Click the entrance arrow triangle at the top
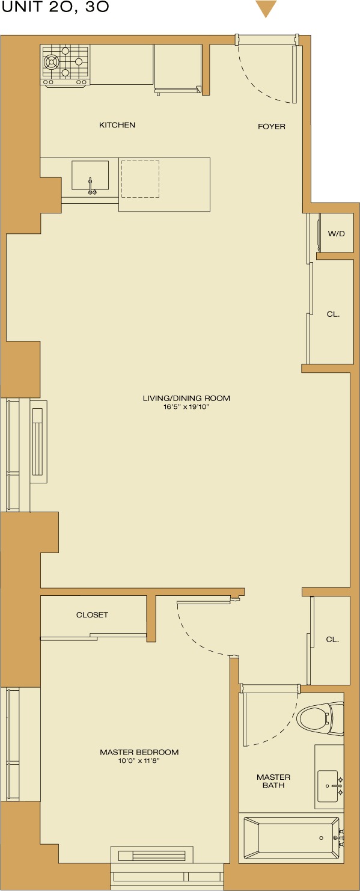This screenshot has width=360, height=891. [x=266, y=8]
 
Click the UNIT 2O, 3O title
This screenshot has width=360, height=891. [x=55, y=8]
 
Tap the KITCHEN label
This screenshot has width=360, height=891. [x=117, y=125]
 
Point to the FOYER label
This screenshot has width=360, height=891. [x=272, y=126]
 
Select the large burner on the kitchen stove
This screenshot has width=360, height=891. [x=52, y=60]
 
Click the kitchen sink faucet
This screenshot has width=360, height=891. [x=91, y=186]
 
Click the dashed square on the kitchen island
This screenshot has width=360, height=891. [x=140, y=179]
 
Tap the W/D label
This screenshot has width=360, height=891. [x=336, y=233]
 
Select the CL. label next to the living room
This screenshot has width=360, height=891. [x=333, y=314]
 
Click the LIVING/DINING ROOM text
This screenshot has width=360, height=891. [x=186, y=398]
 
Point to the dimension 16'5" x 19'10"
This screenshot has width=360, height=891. [x=186, y=407]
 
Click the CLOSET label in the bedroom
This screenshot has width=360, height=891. [x=92, y=614]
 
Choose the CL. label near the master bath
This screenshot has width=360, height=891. [x=332, y=640]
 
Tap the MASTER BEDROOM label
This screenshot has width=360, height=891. [x=139, y=752]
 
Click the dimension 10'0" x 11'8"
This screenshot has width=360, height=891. [x=139, y=761]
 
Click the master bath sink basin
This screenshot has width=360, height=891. [x=330, y=785]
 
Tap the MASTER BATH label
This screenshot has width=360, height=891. [x=273, y=781]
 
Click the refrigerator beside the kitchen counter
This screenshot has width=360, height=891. [x=178, y=67]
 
